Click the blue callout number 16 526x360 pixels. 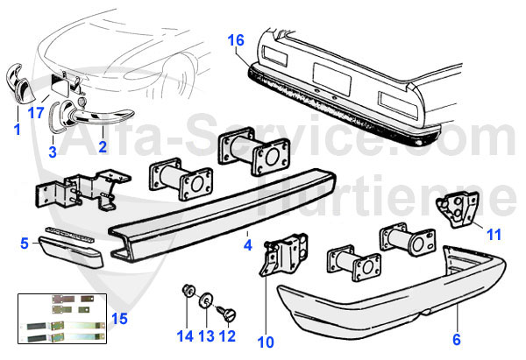235,39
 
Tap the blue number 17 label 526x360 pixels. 36,112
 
